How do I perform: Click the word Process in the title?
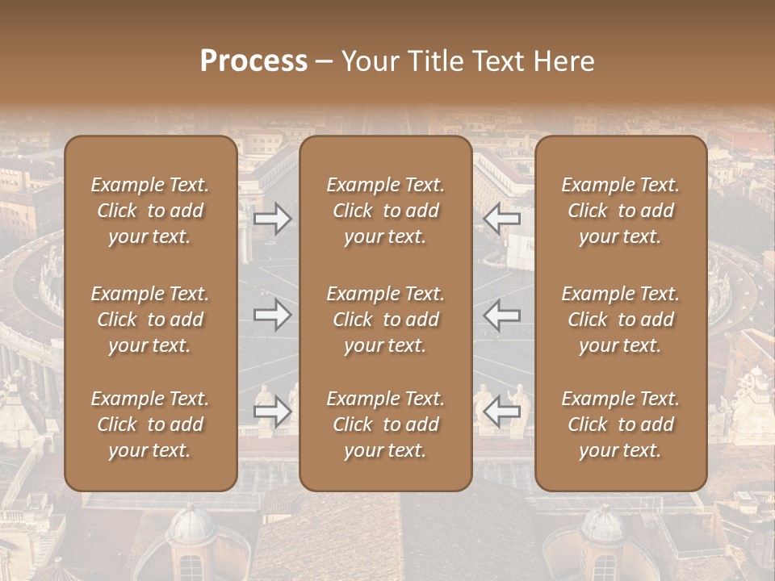[x=253, y=61]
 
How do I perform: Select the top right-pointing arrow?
[x=273, y=218]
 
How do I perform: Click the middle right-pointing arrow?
[x=273, y=315]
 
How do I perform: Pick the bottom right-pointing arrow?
[x=273, y=412]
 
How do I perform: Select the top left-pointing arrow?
[x=502, y=218]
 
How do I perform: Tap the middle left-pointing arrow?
[x=502, y=315]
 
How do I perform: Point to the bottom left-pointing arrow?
[x=502, y=412]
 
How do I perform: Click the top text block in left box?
[x=150, y=211]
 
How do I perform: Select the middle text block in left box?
[x=150, y=320]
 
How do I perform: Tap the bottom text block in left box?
[x=150, y=424]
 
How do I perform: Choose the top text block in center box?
[x=386, y=211]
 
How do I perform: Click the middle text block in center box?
[x=386, y=320]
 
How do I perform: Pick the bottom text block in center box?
[x=386, y=424]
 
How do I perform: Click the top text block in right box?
[x=621, y=211]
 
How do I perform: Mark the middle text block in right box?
[x=621, y=320]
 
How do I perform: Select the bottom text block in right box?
[x=621, y=424]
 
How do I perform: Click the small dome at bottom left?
[x=191, y=529]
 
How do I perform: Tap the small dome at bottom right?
[x=602, y=529]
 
